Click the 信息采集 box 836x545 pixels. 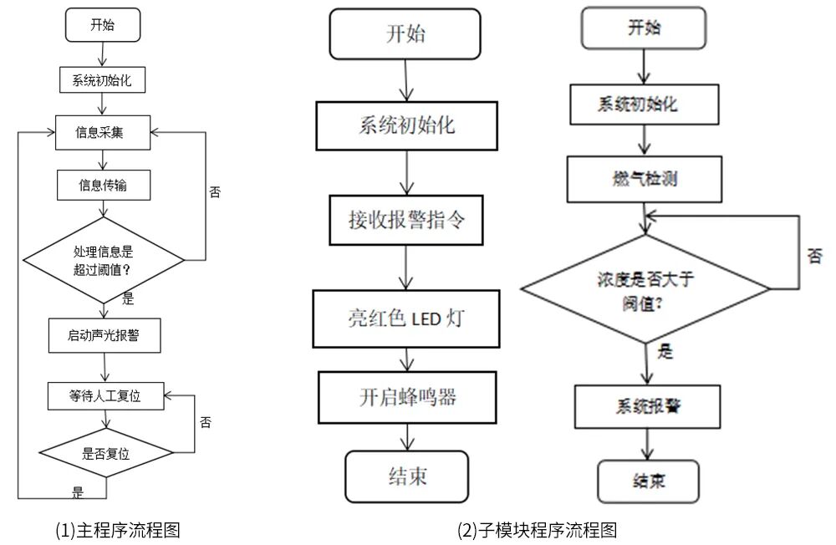tap(103, 132)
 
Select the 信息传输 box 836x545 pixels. tap(103, 186)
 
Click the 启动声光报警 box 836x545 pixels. tap(103, 336)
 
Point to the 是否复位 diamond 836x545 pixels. tap(106, 454)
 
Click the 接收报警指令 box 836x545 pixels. tap(405, 221)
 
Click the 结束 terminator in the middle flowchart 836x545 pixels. tap(407, 476)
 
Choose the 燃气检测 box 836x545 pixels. tap(643, 180)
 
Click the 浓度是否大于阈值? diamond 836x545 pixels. tap(645, 288)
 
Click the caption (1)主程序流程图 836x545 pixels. tap(118, 529)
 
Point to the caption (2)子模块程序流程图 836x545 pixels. tap(538, 529)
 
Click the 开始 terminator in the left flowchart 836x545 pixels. tap(103, 25)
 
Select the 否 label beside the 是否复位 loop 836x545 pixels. tap(206, 422)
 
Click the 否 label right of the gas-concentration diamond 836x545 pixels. tap(814, 256)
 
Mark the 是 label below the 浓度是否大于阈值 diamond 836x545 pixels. tap(665, 352)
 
